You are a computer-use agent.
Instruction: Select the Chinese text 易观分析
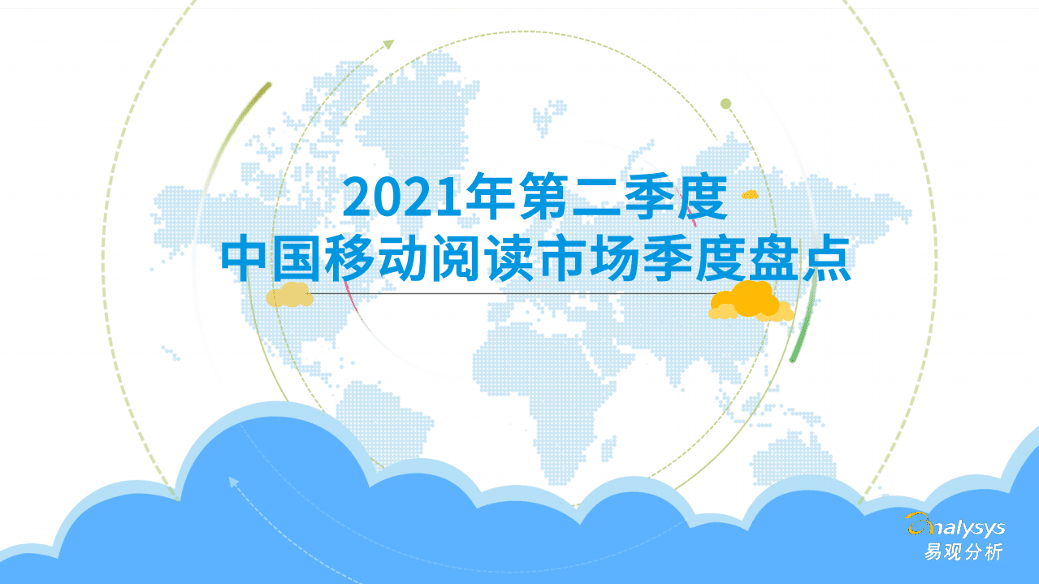(x=963, y=552)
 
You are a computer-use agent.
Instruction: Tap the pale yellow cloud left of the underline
(x=290, y=295)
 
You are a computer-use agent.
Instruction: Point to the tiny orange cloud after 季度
(x=749, y=194)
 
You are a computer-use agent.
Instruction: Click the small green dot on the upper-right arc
(x=726, y=103)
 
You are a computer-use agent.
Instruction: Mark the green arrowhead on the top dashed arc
(x=389, y=43)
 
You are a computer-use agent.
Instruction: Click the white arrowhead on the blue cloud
(x=234, y=482)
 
